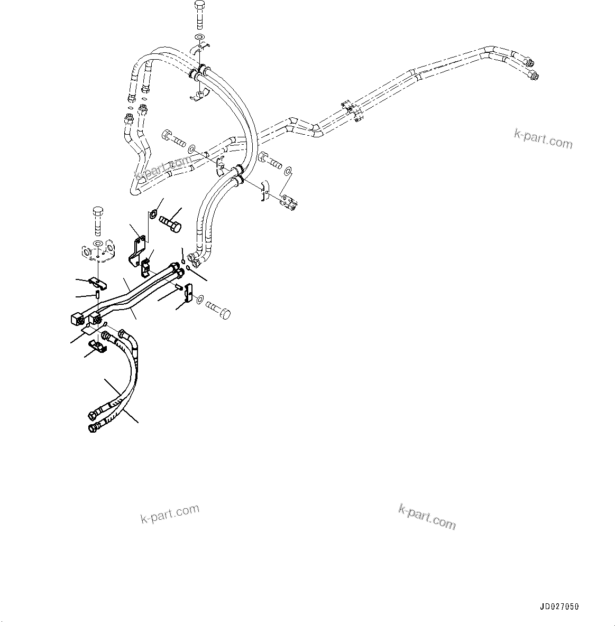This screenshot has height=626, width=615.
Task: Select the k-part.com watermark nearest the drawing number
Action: click(426, 516)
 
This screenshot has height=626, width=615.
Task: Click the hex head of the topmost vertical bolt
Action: click(200, 7)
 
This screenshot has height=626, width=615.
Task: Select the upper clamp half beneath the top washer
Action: click(200, 49)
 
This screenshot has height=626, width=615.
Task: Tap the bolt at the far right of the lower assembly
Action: click(218, 310)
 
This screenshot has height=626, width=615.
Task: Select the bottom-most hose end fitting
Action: click(93, 427)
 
